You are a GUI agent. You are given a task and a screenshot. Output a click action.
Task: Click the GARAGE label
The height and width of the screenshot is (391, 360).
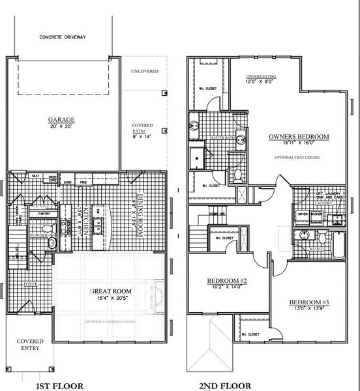pyautogui.click(x=61, y=120)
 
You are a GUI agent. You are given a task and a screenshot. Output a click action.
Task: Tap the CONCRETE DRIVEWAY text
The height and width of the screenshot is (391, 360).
pyautogui.click(x=63, y=37)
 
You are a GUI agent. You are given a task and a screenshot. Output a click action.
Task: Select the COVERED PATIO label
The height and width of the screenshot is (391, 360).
pyautogui.click(x=142, y=128)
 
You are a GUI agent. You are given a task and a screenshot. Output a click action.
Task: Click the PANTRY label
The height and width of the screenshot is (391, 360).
pyautogui.click(x=44, y=213)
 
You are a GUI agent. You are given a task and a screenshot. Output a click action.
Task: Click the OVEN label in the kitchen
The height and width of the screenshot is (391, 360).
pyautogui.click(x=67, y=183)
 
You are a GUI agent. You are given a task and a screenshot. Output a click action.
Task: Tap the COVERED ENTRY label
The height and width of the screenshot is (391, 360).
pyautogui.click(x=30, y=344)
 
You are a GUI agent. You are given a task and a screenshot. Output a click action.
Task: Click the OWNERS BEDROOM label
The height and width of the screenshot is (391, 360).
pyautogui.click(x=299, y=138)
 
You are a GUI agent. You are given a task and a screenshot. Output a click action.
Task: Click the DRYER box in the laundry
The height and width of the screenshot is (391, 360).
pyautogui.click(x=303, y=214)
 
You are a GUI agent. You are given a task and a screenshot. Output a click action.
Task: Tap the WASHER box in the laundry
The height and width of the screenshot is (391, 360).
pyautogui.click(x=317, y=214)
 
